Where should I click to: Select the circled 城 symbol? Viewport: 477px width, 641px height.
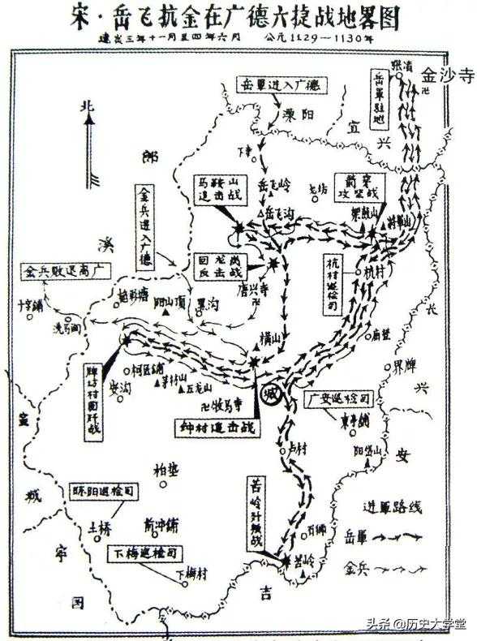(x=271, y=394)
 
